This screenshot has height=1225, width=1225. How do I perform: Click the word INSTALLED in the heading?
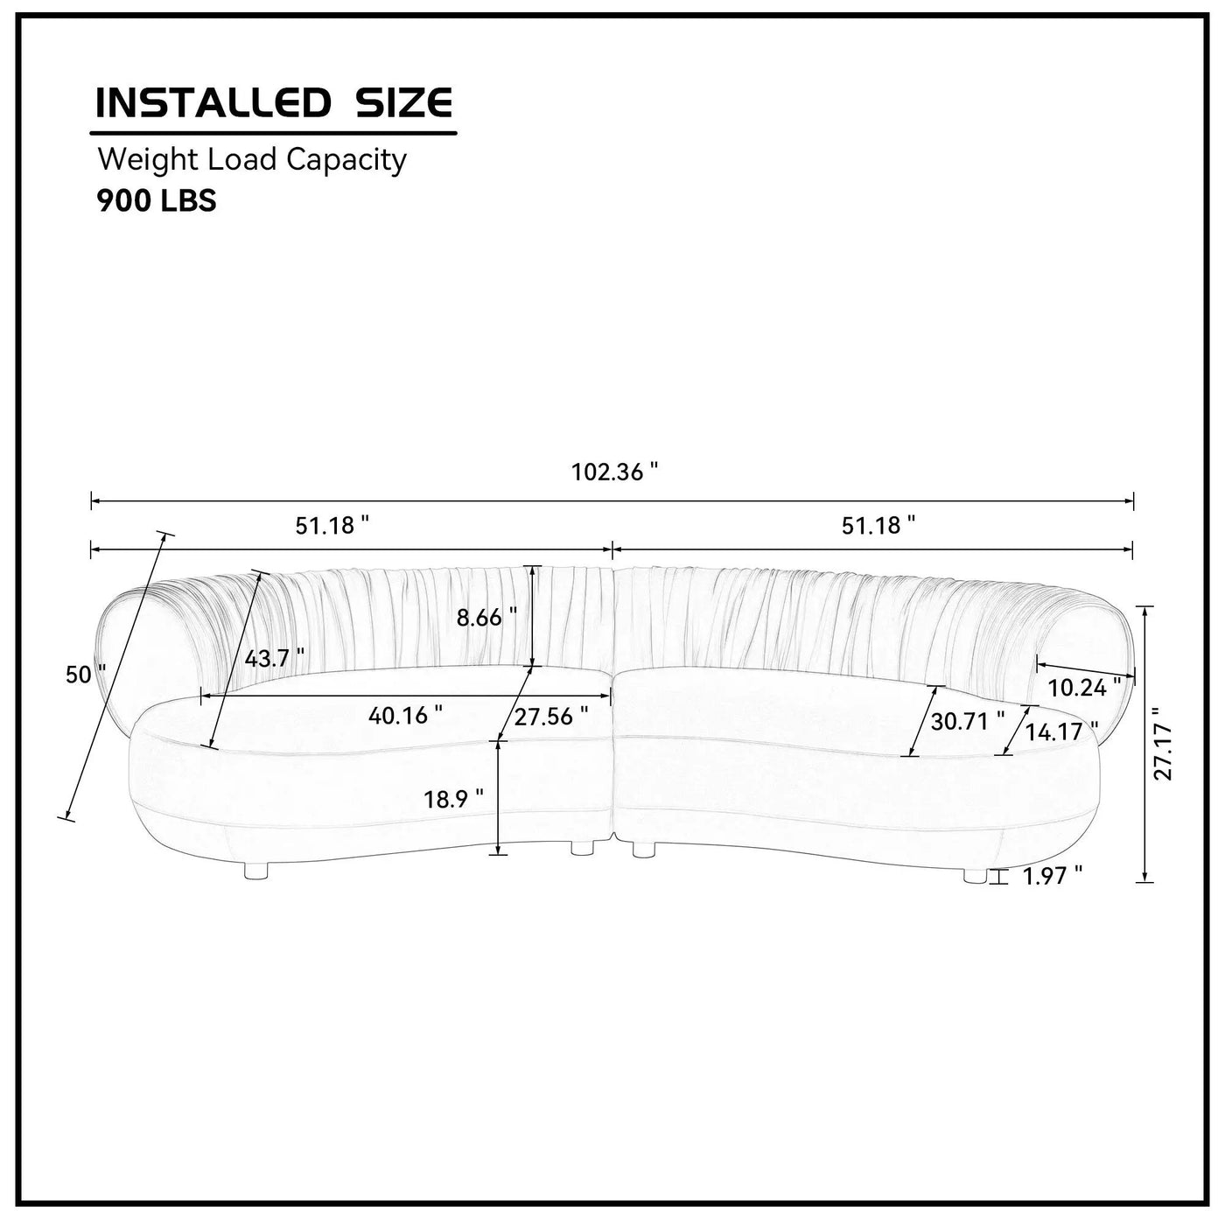(x=213, y=102)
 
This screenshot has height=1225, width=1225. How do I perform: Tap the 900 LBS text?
(x=157, y=201)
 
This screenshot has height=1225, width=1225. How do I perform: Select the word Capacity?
(x=346, y=160)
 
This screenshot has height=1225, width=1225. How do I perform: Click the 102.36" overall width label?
(x=614, y=472)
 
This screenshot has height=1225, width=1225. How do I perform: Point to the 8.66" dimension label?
(x=487, y=617)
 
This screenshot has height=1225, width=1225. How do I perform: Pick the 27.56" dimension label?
(x=551, y=717)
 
